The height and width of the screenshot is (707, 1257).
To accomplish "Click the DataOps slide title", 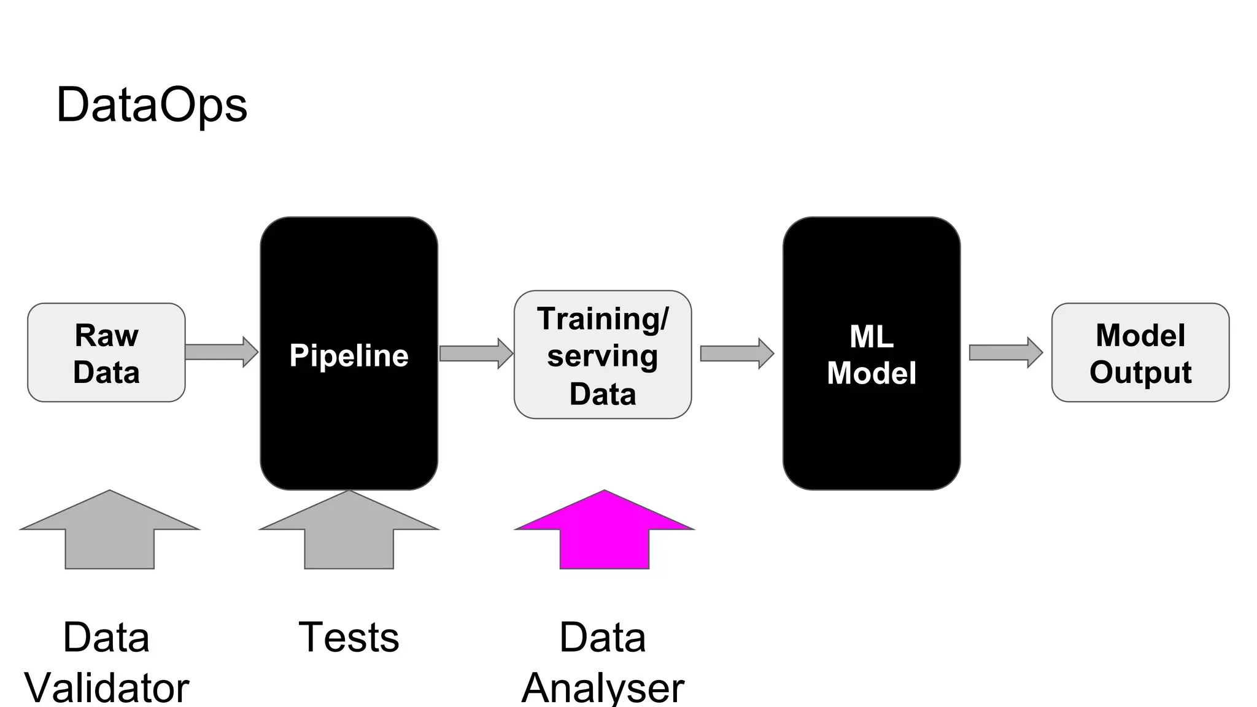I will (x=152, y=106).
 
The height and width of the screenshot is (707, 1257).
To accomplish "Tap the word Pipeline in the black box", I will (x=349, y=355).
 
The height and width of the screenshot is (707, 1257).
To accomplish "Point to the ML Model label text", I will (x=871, y=355).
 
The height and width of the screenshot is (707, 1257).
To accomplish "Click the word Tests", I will (x=349, y=637).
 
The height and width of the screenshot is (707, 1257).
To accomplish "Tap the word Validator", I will (x=107, y=687).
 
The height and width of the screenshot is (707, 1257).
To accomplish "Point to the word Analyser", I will (x=603, y=687).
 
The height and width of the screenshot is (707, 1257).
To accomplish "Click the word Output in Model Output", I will (x=1140, y=373).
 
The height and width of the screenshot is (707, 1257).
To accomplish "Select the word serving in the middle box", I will (x=602, y=356).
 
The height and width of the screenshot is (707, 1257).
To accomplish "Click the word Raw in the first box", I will (x=106, y=336).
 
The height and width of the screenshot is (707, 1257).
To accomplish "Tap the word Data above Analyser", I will (x=602, y=637).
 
